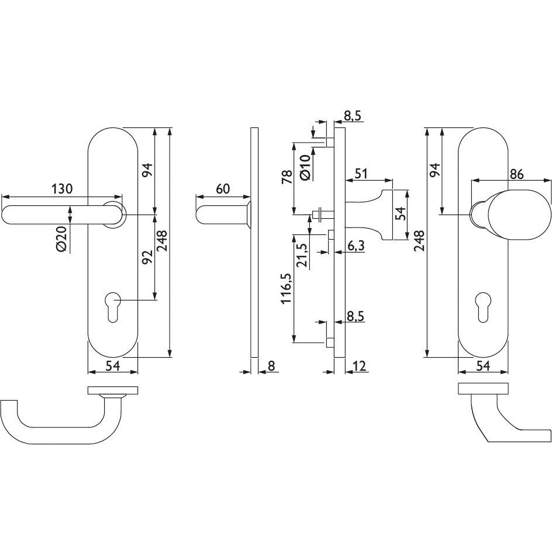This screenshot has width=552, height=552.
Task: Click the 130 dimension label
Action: pyautogui.click(x=62, y=189)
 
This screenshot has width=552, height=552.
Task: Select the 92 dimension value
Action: pyautogui.click(x=147, y=257)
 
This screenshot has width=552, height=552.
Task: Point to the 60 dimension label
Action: pyautogui.click(x=222, y=189)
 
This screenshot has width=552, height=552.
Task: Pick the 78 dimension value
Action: pyautogui.click(x=287, y=177)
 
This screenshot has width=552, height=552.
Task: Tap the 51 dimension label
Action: pyautogui.click(x=361, y=173)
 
